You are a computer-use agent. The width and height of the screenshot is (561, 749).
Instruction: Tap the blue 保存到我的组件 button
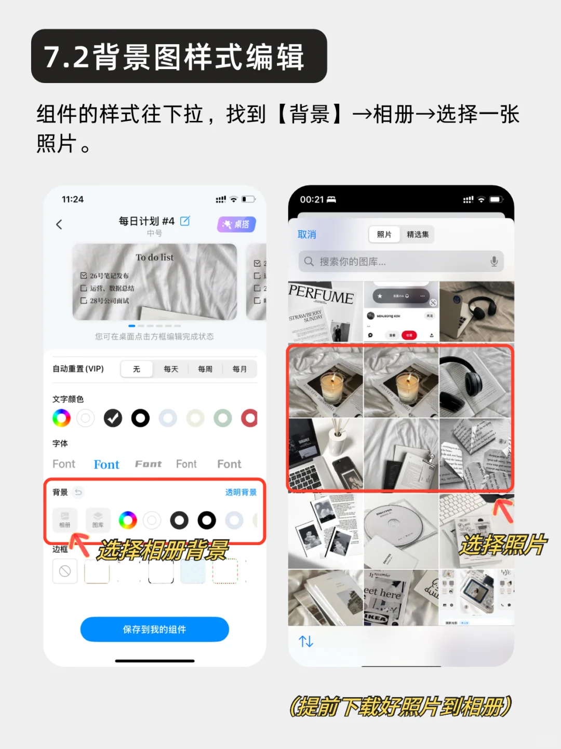tap(154, 629)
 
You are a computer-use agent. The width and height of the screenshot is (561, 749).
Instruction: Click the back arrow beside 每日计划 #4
tap(59, 224)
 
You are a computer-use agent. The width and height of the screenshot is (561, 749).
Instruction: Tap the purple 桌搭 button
tap(236, 224)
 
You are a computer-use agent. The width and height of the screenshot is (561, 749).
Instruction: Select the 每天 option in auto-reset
tap(171, 369)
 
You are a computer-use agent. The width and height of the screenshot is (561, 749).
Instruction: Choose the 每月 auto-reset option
tap(239, 369)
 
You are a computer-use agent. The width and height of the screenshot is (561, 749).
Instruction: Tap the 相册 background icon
tap(65, 519)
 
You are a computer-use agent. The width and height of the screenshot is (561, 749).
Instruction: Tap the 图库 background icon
tap(98, 519)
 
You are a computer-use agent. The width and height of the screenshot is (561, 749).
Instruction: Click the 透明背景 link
tap(241, 492)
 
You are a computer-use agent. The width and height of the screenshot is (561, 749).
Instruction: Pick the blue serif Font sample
tap(106, 465)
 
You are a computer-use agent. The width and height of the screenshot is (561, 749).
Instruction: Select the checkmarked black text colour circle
tap(113, 418)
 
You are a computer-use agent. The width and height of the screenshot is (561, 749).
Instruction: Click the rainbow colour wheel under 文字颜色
tap(61, 418)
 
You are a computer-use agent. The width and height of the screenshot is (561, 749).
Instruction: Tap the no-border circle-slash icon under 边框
tap(65, 571)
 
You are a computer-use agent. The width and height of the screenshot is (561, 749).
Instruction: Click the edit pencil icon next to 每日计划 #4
tap(185, 221)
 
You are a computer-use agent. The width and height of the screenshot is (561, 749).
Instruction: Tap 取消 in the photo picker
tap(306, 235)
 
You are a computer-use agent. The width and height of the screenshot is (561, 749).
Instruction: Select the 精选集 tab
tap(418, 235)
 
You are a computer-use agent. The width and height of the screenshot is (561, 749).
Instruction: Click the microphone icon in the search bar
tap(494, 262)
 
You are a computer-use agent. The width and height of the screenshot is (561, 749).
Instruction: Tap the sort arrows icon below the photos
tap(306, 642)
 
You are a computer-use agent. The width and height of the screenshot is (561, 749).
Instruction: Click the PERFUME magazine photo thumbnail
tap(325, 311)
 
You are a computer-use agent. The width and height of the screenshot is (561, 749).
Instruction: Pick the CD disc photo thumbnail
tap(401, 530)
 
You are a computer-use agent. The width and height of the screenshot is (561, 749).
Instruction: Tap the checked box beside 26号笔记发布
tap(84, 276)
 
